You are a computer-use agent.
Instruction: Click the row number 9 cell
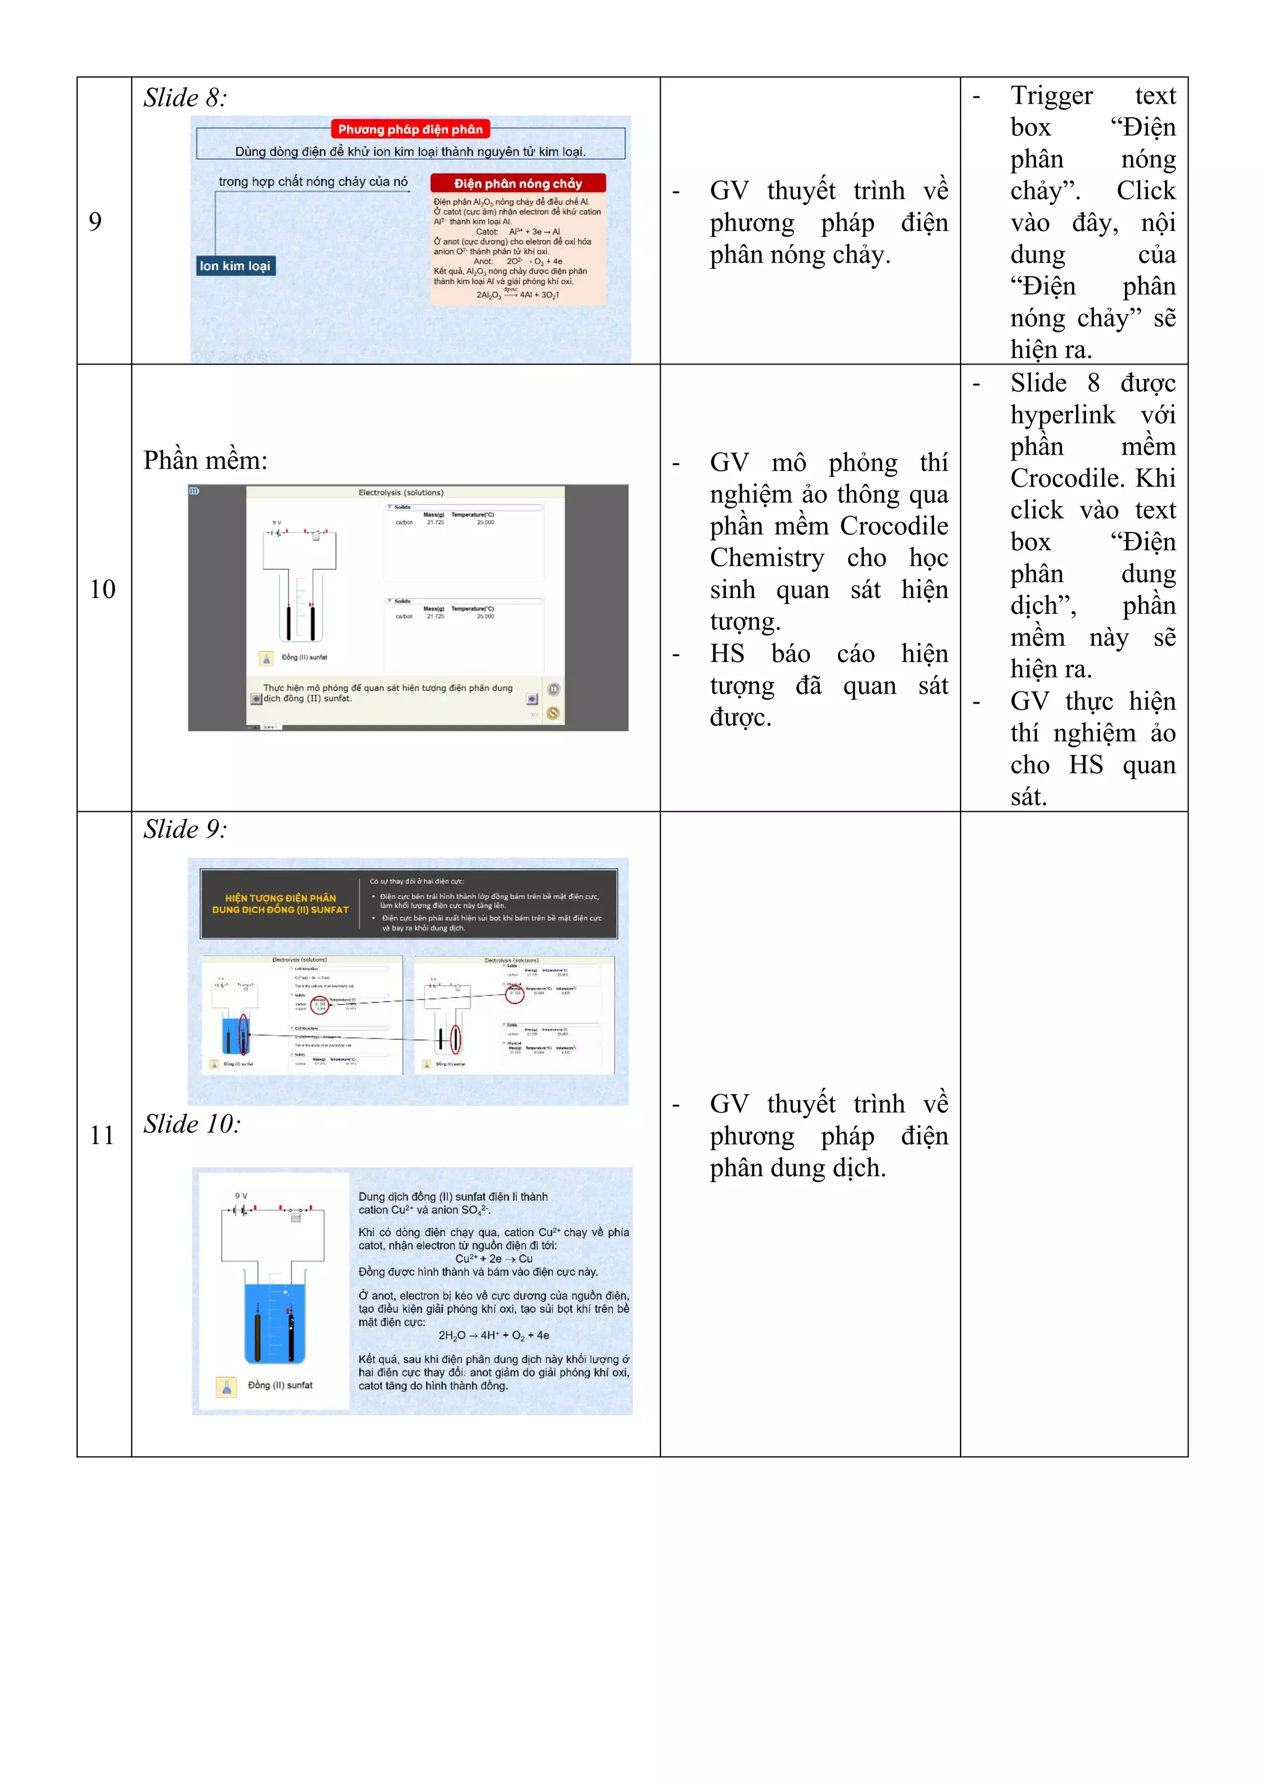click(x=95, y=221)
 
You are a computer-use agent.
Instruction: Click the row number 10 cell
click(x=102, y=589)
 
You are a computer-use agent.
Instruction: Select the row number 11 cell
click(x=102, y=1135)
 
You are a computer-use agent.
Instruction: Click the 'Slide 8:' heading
click(x=185, y=98)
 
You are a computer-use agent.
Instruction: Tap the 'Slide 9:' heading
click(x=185, y=829)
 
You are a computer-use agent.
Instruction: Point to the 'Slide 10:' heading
click(x=191, y=1124)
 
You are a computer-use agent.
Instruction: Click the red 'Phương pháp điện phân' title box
click(x=411, y=129)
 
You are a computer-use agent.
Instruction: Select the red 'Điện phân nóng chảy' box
click(x=518, y=183)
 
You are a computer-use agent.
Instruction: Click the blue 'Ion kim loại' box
click(x=235, y=266)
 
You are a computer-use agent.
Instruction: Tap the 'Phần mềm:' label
click(x=205, y=460)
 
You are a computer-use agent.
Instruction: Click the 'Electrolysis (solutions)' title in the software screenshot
click(x=401, y=492)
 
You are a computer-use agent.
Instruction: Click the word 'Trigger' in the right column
click(x=1051, y=95)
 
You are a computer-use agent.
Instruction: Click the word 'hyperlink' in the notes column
click(x=1062, y=415)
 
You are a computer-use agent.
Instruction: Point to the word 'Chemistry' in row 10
click(x=767, y=558)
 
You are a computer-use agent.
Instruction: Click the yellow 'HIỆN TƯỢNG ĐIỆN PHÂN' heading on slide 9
click(x=280, y=898)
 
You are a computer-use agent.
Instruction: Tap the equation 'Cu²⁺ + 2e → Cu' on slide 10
click(x=494, y=1258)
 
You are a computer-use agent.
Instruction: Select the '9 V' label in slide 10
click(x=242, y=1195)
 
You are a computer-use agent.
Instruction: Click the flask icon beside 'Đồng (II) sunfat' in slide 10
click(x=227, y=1386)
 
